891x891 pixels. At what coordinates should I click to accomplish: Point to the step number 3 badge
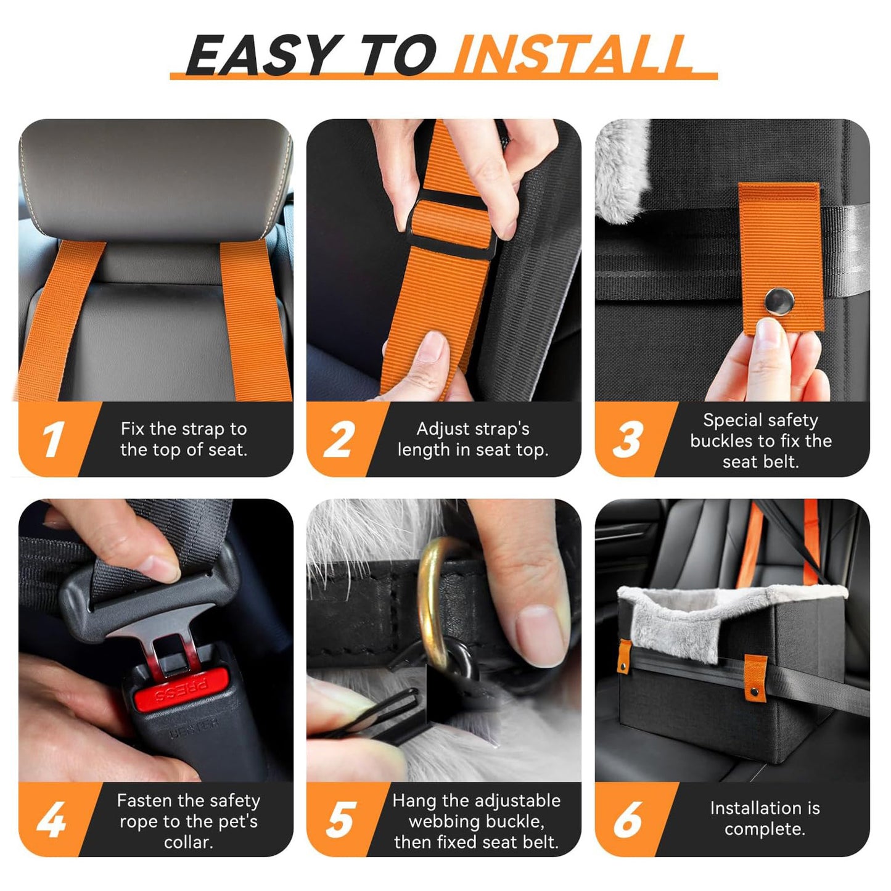(x=627, y=440)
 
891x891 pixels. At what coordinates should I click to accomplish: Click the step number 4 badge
(x=52, y=820)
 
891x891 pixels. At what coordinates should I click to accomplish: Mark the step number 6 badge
(x=627, y=820)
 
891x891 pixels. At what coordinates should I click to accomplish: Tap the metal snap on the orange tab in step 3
(x=779, y=302)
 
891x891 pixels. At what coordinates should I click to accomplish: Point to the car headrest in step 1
(x=154, y=179)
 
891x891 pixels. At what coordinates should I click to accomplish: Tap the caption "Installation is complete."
(x=765, y=818)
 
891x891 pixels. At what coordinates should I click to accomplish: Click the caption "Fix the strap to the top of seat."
(x=184, y=439)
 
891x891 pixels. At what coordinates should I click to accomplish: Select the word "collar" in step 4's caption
(x=187, y=842)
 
